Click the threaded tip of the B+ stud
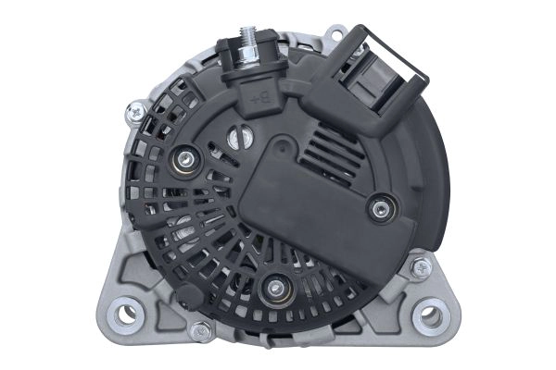point(248,34)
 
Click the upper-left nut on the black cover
point(185,160)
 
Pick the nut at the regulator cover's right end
point(378,209)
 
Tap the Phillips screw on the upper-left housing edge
point(137,111)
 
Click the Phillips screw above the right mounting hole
point(422,266)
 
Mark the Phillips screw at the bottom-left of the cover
point(199,328)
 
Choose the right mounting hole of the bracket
point(431,316)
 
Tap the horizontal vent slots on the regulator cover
point(329,147)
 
